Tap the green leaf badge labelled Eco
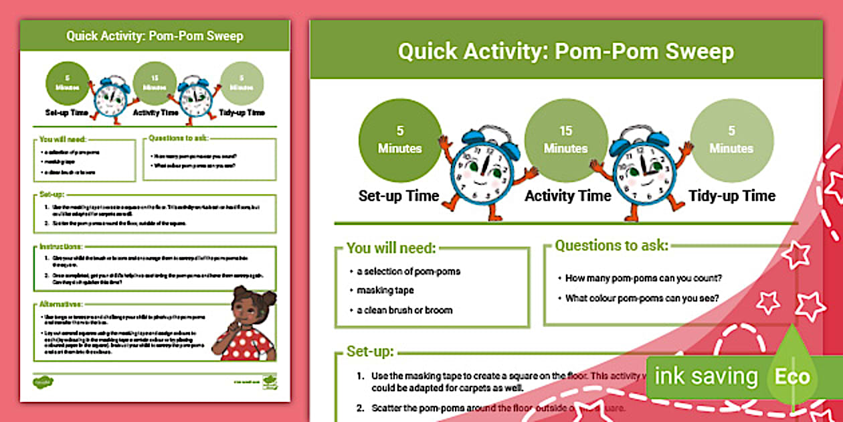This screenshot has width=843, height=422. [x=792, y=376]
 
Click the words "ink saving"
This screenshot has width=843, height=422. [x=705, y=376]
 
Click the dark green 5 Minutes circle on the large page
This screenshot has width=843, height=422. [x=400, y=139]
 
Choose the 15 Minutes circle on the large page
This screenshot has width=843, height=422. [x=565, y=139]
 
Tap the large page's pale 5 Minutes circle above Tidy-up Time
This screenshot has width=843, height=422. [x=731, y=139]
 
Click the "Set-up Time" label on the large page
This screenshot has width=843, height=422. [x=399, y=196]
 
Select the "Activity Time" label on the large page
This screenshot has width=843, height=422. [x=567, y=196]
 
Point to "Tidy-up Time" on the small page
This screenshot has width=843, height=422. [x=242, y=113]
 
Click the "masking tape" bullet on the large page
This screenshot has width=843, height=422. [x=385, y=291]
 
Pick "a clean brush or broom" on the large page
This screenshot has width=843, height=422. [x=404, y=310]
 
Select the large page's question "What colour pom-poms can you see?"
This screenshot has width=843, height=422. [x=642, y=298]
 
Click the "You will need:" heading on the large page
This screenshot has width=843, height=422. [x=391, y=249]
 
